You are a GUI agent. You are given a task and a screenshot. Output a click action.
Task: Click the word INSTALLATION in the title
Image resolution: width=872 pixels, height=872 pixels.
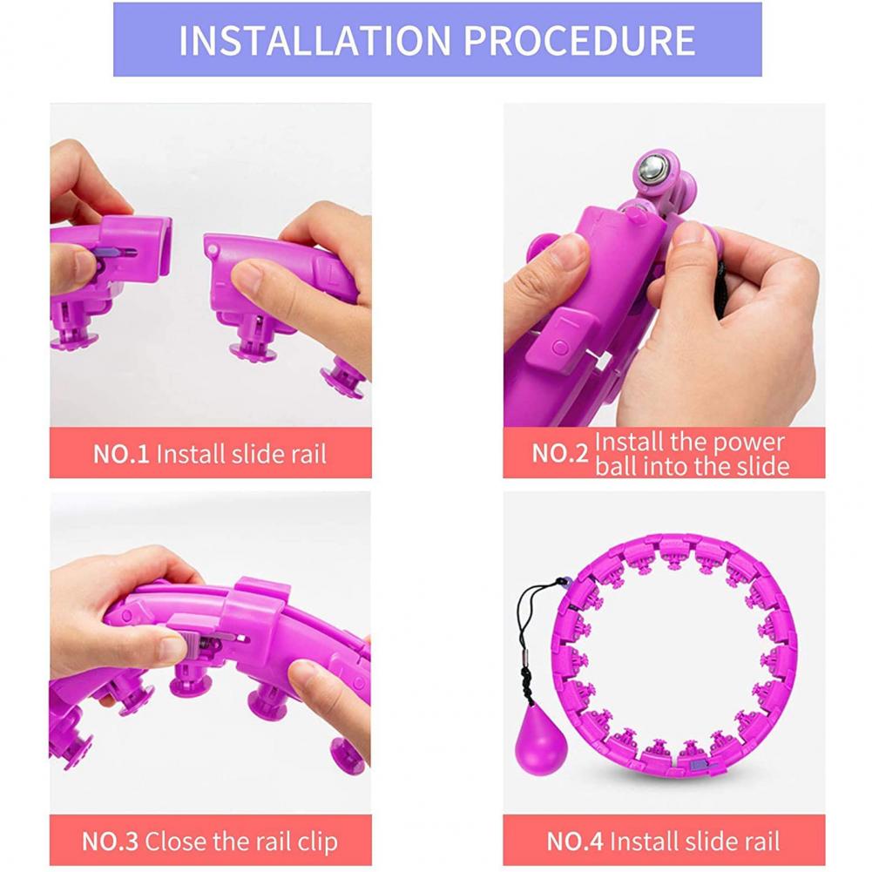[314, 40]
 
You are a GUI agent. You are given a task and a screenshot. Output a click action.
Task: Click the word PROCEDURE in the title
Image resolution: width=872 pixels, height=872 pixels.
[579, 40]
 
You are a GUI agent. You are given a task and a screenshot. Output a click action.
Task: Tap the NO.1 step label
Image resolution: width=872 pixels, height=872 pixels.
[121, 454]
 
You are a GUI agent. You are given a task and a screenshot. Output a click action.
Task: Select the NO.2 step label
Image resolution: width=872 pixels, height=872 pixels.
[560, 453]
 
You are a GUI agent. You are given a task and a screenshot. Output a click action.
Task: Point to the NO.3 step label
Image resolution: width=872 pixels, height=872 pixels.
[110, 842]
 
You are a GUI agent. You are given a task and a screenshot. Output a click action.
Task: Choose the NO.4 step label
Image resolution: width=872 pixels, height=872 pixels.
[575, 842]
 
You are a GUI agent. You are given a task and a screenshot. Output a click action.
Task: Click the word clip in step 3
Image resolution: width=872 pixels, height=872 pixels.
[318, 842]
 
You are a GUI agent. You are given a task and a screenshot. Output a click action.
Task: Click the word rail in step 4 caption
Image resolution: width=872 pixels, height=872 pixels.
[765, 842]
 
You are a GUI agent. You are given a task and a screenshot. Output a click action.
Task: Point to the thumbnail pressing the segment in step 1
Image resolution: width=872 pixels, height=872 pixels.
[248, 276]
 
